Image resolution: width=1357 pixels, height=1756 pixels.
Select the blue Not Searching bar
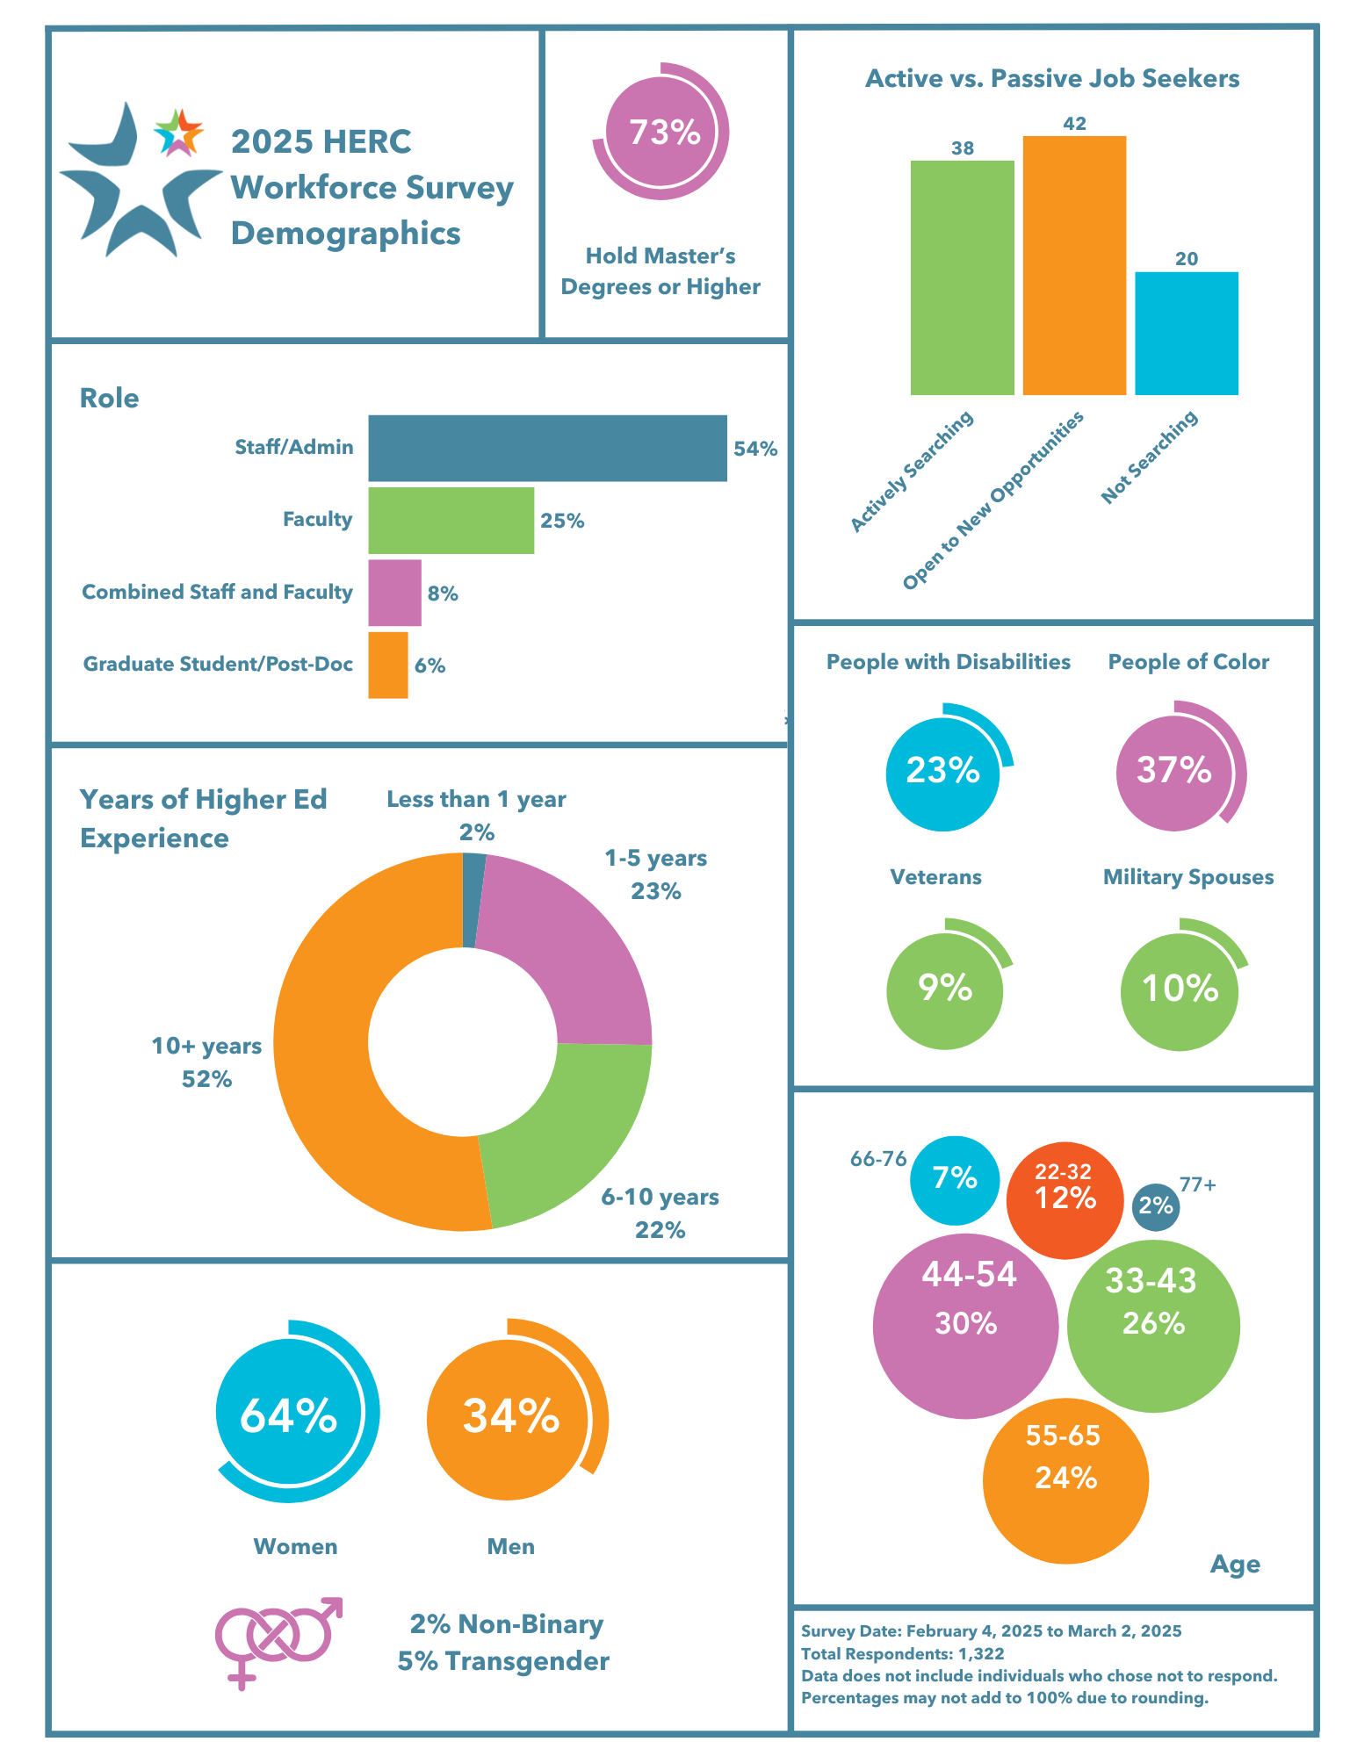(1186, 334)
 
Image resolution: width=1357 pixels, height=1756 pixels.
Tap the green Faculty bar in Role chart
(451, 521)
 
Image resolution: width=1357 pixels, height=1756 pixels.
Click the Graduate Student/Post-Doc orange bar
(387, 666)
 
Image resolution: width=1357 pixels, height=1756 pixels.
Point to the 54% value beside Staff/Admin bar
(755, 450)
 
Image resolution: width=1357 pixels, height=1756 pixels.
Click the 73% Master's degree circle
(661, 133)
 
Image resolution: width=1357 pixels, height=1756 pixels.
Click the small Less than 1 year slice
(472, 900)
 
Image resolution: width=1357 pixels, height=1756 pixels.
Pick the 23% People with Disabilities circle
(942, 772)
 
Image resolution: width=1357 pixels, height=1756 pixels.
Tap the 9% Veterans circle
(944, 990)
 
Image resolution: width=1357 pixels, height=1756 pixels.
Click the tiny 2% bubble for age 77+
(1156, 1206)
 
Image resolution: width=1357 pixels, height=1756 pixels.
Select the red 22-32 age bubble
(1065, 1199)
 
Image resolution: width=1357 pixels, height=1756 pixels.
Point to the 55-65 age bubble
(1065, 1480)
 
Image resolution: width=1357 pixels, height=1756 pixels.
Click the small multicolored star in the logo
(178, 133)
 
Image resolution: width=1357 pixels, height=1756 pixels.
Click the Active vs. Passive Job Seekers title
(1052, 79)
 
